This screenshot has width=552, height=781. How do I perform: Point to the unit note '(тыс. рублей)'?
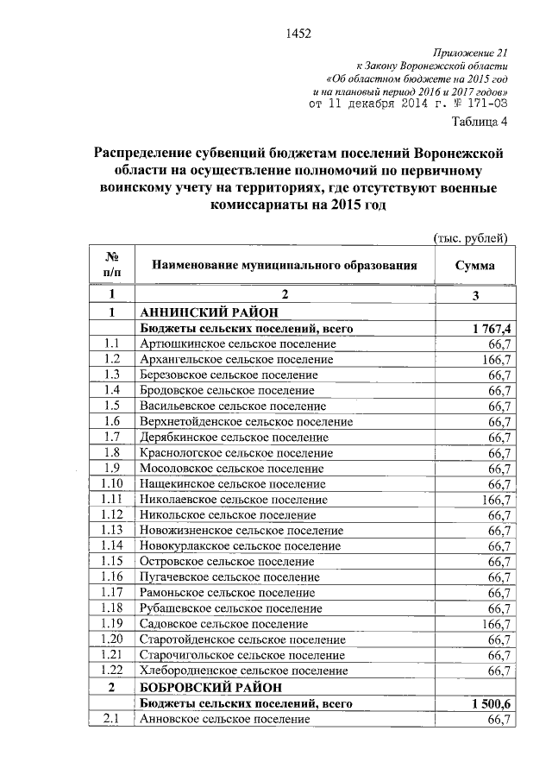(x=469, y=237)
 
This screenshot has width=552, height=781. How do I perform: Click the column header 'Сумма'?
(x=474, y=265)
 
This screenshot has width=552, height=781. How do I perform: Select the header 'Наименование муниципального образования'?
(x=285, y=265)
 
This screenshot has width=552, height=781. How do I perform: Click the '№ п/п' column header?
(x=112, y=265)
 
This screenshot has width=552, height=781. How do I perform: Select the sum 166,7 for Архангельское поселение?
(x=498, y=360)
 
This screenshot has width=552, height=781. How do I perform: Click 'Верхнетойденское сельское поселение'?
(x=246, y=422)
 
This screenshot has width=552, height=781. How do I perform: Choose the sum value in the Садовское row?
(x=498, y=624)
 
